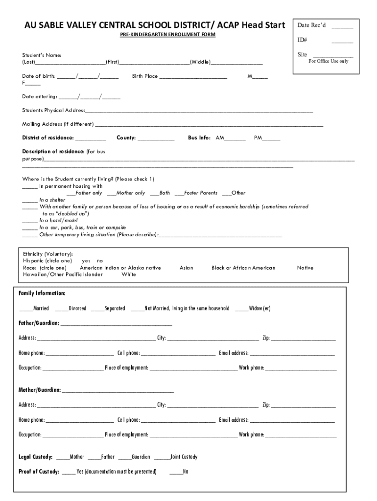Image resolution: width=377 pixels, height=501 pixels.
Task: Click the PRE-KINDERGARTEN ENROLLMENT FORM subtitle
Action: [168, 35]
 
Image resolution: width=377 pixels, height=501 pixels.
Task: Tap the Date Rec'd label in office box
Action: [311, 25]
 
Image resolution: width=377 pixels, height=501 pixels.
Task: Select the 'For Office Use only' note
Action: [328, 61]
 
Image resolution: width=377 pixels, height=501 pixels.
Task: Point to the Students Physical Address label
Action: [54, 110]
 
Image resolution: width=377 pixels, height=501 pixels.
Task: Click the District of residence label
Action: [48, 138]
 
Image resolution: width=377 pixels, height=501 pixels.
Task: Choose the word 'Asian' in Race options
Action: [186, 268]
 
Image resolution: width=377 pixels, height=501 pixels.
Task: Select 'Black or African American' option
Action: [243, 268]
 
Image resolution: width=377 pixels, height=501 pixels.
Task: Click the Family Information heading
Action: [42, 293]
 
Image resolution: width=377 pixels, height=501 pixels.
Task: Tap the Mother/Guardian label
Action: [40, 390]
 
